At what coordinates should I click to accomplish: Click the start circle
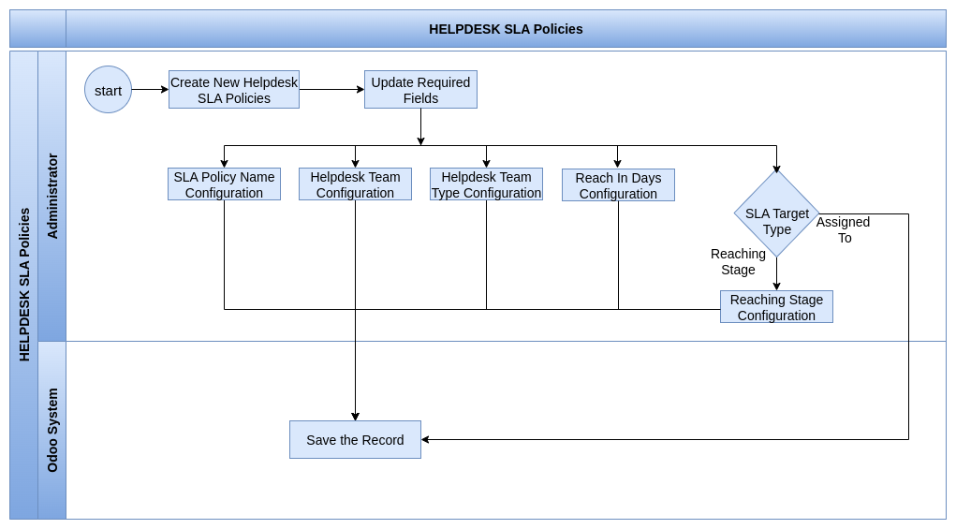(x=108, y=90)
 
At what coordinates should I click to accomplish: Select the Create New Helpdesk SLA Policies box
(x=234, y=90)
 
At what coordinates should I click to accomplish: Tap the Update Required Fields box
(x=420, y=90)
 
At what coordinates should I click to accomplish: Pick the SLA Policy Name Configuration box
(x=225, y=184)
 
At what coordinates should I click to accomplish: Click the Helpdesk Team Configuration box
(x=356, y=184)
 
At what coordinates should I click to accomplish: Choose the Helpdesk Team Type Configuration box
(x=487, y=184)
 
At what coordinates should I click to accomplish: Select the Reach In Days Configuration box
(x=618, y=184)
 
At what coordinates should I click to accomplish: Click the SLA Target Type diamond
(x=777, y=213)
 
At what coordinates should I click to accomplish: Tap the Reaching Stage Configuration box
(x=777, y=307)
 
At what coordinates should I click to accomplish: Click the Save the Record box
(x=356, y=439)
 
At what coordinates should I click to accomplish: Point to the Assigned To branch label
(x=844, y=229)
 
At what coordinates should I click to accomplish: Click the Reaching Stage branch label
(x=739, y=261)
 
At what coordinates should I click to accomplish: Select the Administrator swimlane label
(x=52, y=197)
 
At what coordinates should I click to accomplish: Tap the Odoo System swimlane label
(x=52, y=431)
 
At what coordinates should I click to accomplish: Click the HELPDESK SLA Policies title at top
(x=506, y=29)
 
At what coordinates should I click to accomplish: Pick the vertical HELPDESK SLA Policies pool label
(x=24, y=285)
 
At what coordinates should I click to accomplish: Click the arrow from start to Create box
(x=150, y=90)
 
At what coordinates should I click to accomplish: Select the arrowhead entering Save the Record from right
(x=425, y=439)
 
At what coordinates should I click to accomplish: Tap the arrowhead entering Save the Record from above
(x=356, y=417)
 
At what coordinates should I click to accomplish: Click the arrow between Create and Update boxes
(x=331, y=90)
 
